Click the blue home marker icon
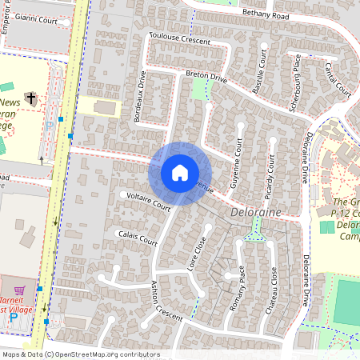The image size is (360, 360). click(x=180, y=172)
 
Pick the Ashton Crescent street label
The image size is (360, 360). click(x=167, y=300)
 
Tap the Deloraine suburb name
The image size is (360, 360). click(x=255, y=214)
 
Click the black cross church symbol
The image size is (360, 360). click(x=30, y=99)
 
